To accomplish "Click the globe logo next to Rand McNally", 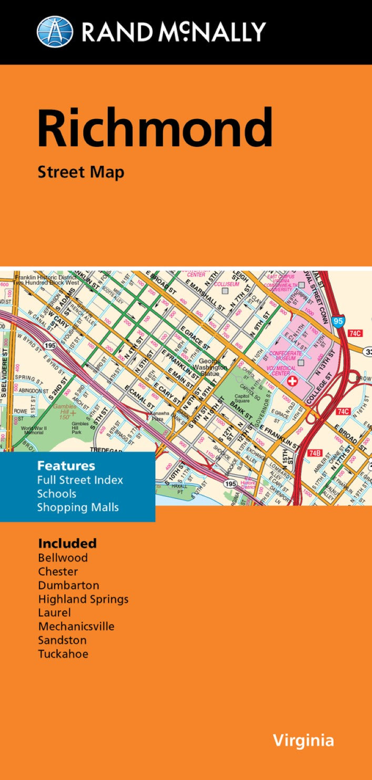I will tap(55, 32).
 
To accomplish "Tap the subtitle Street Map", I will tap(81, 172).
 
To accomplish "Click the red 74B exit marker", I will tap(315, 452).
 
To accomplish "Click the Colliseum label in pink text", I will tap(227, 284).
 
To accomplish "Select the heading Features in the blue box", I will tap(66, 466).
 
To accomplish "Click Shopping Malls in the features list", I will tap(78, 507).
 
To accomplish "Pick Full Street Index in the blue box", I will tap(80, 480).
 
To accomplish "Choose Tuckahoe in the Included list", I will tap(63, 654).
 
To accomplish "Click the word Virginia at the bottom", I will tap(303, 741).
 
